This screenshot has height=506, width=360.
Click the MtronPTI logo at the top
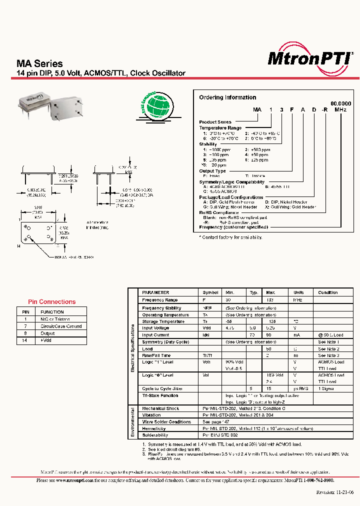tap(309, 58)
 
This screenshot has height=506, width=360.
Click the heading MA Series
tap(40, 63)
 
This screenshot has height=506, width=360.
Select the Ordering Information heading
tap(227, 97)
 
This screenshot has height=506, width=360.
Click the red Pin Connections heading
tap(52, 301)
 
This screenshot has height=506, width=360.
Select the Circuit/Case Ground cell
tap(61, 326)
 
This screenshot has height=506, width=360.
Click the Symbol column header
tap(210, 292)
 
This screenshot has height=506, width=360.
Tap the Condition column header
tap(328, 292)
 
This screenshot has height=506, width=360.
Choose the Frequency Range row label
tap(159, 300)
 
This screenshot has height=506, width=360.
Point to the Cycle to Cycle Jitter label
tap(162, 388)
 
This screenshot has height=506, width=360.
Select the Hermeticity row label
tap(154, 428)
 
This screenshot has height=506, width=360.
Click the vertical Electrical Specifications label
tap(132, 347)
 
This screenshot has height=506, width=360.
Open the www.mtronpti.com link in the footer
tap(72, 480)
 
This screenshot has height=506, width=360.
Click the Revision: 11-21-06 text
tap(335, 491)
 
